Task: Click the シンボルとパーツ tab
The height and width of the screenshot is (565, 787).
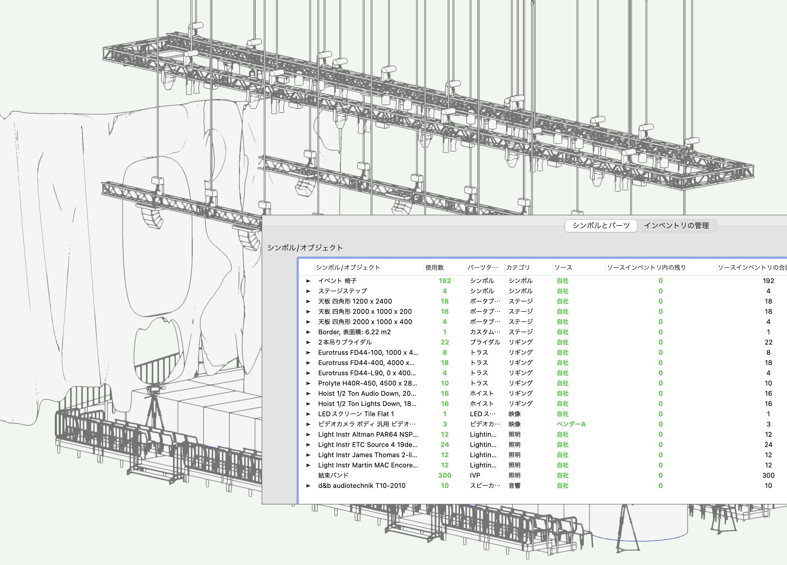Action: pos(601,226)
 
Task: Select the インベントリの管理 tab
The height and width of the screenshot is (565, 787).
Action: pos(676,226)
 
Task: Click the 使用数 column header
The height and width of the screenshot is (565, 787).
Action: pos(434,267)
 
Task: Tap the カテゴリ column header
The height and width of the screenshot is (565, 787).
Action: pos(518,267)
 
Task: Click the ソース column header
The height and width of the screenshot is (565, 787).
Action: pos(563,267)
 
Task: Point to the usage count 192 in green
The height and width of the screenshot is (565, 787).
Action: pos(444,281)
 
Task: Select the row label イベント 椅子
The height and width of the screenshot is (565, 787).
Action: pos(337,281)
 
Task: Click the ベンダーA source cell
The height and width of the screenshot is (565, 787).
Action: pos(571,424)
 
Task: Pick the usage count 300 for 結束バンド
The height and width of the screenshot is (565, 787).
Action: pos(444,476)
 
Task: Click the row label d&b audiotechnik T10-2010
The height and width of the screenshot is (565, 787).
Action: pos(362,485)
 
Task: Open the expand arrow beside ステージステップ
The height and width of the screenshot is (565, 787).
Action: pos(308,291)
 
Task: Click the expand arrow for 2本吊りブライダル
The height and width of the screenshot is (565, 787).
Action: pos(308,342)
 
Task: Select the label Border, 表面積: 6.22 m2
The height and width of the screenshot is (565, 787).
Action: pos(354,332)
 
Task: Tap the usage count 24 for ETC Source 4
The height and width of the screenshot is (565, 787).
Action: pos(444,445)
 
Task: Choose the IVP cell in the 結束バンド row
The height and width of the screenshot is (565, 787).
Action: pos(475,476)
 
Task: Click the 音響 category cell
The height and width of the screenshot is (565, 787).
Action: pos(514,485)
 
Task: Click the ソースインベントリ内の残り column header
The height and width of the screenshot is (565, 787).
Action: pos(646,267)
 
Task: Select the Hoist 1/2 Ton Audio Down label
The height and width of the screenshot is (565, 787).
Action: pos(367,394)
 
